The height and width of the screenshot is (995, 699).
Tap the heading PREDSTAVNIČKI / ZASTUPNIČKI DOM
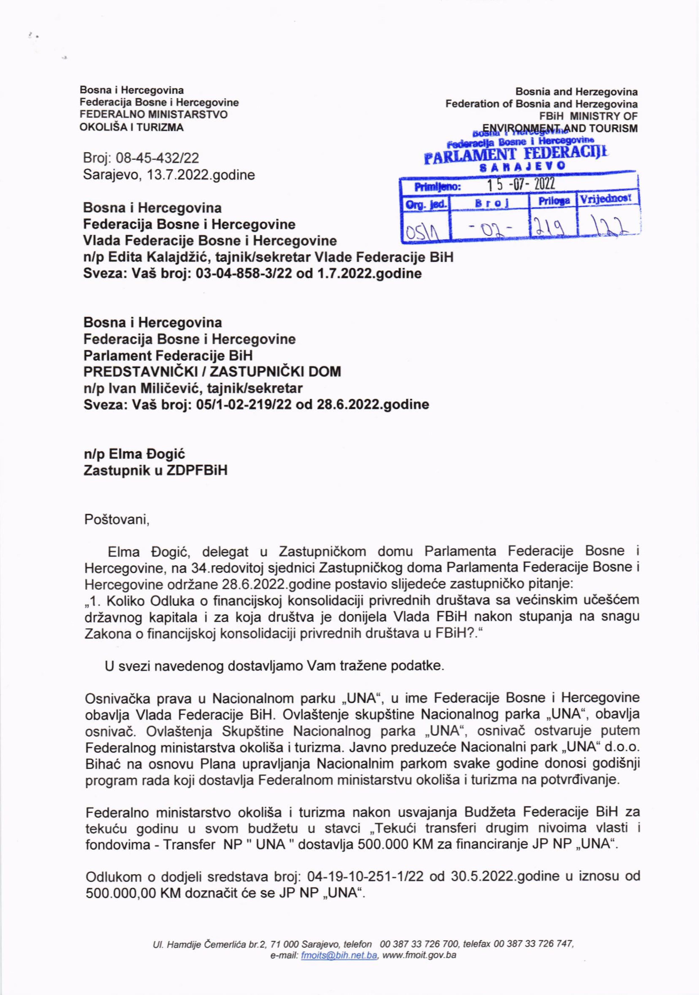pos(212,371)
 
